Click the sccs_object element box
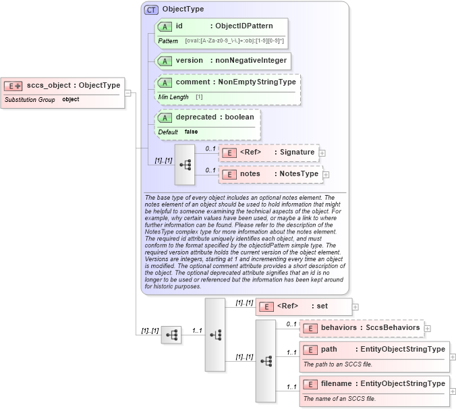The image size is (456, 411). tap(63, 86)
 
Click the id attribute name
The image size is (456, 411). tap(179, 26)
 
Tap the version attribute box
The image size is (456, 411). tap(222, 61)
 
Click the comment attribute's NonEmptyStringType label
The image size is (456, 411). tap(256, 82)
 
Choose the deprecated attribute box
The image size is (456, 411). tap(207, 117)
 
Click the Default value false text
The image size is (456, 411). tap(192, 132)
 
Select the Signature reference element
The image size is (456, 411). tap(268, 153)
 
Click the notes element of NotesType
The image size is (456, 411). tap(270, 174)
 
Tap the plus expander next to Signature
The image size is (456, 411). tap(322, 153)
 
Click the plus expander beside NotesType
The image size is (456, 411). tap(326, 175)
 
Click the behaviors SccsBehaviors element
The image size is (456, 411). tap(362, 328)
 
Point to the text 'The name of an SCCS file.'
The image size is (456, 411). tap(339, 399)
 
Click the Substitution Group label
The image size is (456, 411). tap(30, 100)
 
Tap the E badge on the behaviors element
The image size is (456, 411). tap(310, 329)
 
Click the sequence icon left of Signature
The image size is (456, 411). tap(185, 164)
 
